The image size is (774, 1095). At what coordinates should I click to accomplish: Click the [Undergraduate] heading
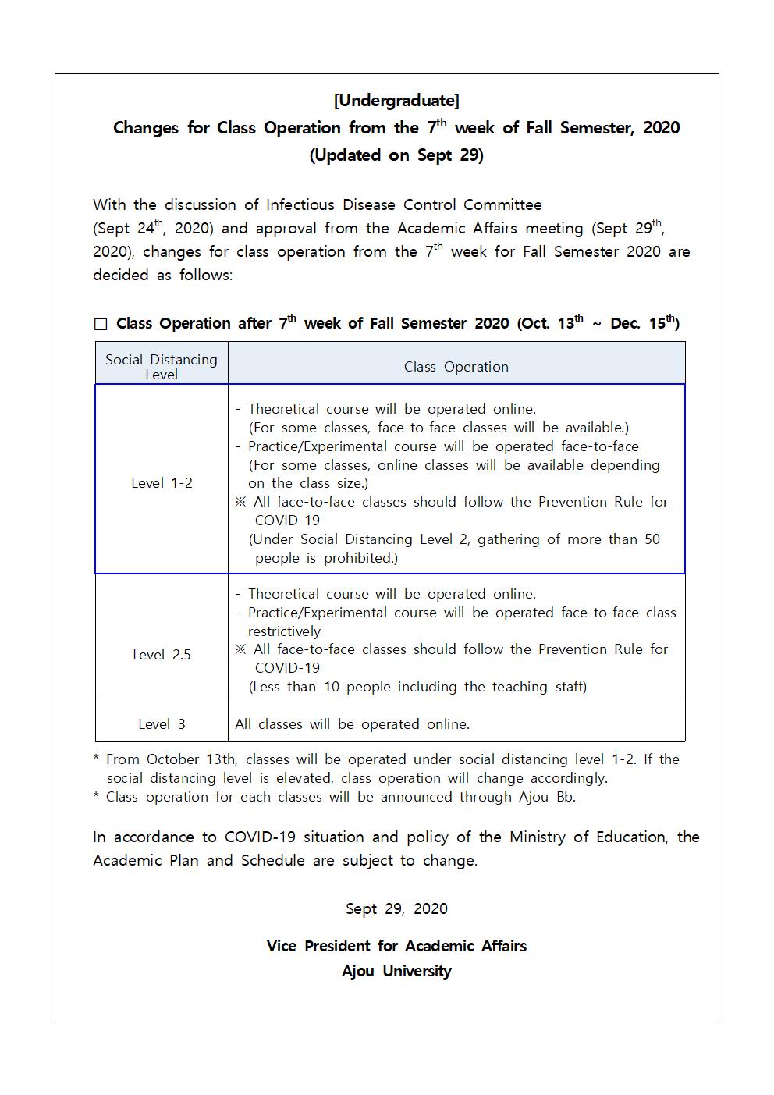point(396,101)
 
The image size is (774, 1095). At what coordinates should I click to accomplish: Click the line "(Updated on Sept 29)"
point(396,155)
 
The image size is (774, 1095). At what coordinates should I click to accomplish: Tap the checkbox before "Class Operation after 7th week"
point(101,324)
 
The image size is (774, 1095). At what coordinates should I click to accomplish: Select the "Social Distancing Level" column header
point(162,366)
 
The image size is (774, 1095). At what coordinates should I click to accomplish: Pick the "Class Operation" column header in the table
point(456,367)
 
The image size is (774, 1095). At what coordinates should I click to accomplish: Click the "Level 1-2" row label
point(162,483)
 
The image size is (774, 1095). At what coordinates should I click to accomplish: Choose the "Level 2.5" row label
point(162,655)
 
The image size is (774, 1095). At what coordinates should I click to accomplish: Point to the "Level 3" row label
point(162,724)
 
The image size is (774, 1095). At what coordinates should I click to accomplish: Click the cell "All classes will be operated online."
point(353,724)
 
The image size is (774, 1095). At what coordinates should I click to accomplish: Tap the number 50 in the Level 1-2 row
point(652,539)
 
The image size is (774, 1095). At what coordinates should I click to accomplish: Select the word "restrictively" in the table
point(284,631)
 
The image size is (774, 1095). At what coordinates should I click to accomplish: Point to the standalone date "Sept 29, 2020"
point(396,908)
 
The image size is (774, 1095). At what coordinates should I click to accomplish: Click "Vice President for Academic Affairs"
point(396,946)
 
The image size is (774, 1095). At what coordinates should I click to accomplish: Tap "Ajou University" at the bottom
point(396,972)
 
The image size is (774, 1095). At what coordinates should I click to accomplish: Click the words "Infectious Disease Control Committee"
point(403,205)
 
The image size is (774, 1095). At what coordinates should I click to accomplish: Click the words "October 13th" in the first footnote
point(191,759)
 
